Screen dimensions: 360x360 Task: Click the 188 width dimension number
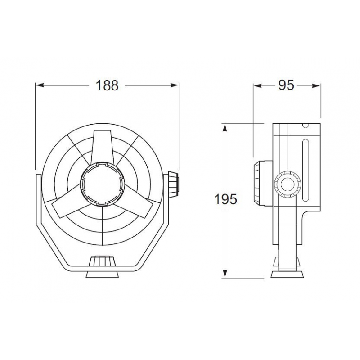[107, 85]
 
